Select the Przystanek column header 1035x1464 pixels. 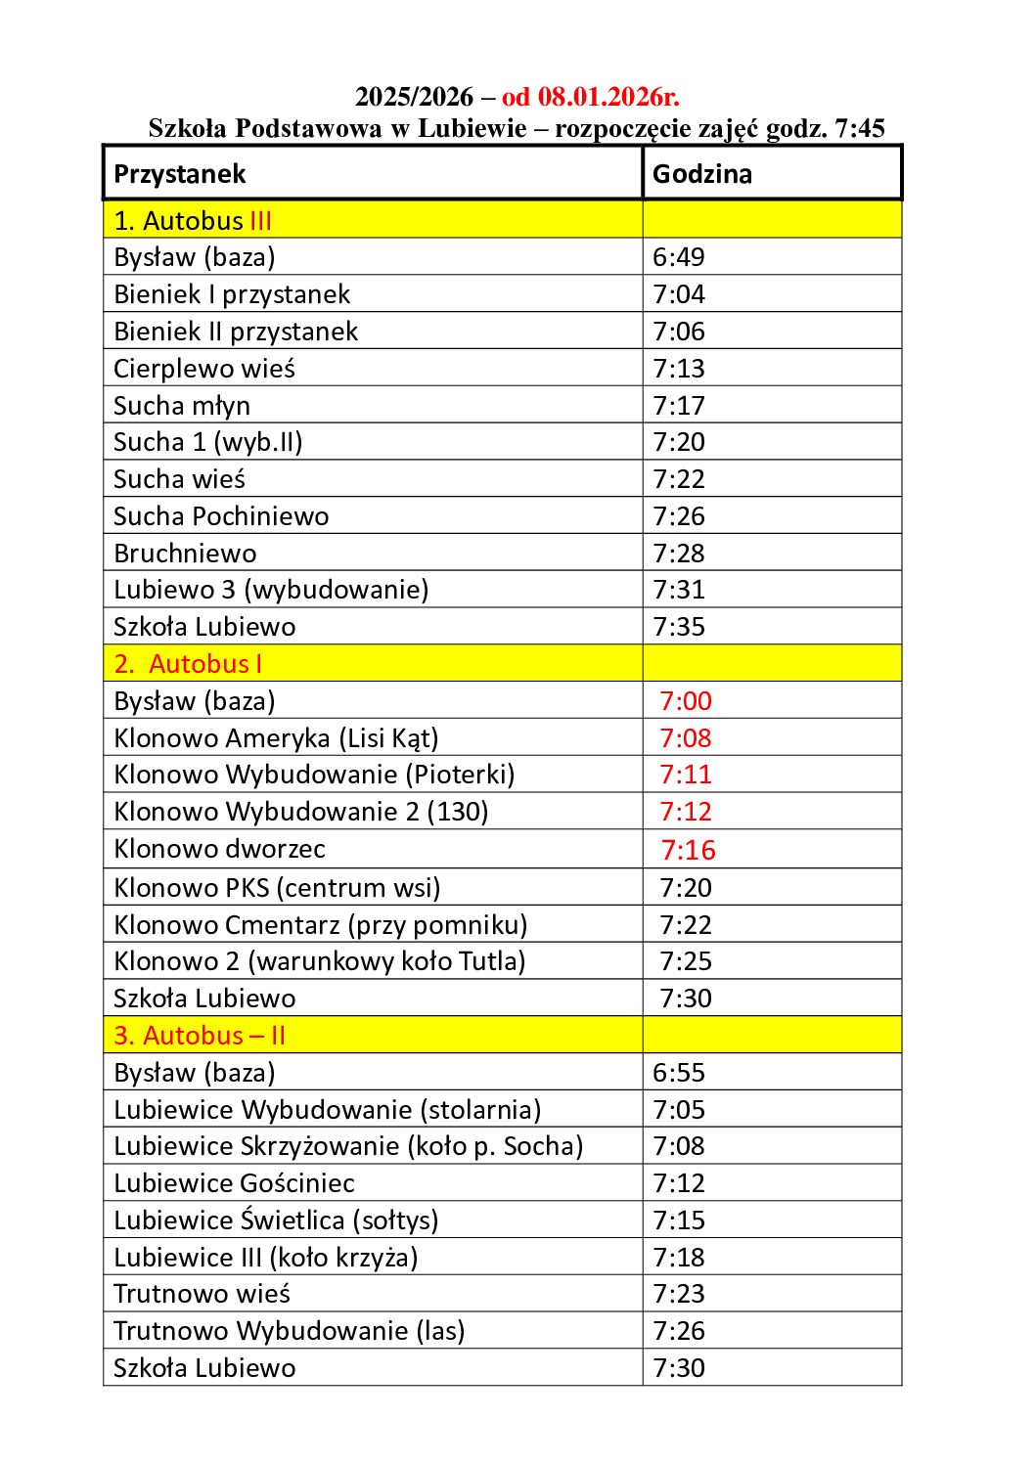click(x=180, y=174)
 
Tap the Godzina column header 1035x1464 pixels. click(x=702, y=174)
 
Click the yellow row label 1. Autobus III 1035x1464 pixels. click(x=193, y=221)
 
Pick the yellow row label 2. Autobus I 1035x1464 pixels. click(x=188, y=664)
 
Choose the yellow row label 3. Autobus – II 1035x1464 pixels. click(x=200, y=1036)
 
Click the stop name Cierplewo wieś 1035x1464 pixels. click(x=204, y=369)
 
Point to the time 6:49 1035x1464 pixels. click(x=679, y=257)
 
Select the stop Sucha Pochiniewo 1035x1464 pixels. click(x=221, y=516)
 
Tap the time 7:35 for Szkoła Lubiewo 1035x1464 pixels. click(x=679, y=627)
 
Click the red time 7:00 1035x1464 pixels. click(x=686, y=701)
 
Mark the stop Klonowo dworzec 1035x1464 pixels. click(x=219, y=849)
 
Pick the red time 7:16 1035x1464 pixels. click(x=688, y=850)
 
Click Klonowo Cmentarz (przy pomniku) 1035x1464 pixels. click(x=321, y=925)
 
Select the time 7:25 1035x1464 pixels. click(x=686, y=961)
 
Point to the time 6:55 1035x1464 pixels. click(x=679, y=1073)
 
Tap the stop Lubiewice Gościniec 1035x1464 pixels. click(x=234, y=1183)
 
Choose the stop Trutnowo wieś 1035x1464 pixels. click(x=202, y=1294)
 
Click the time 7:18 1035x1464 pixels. click(x=679, y=1258)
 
